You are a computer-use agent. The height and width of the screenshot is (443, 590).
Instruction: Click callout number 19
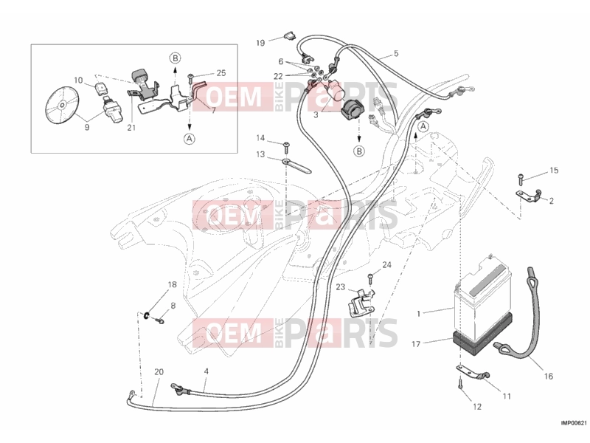coord(260,43)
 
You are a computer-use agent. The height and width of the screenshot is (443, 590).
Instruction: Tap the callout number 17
coord(416,344)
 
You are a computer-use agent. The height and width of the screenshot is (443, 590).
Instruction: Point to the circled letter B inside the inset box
coord(175,58)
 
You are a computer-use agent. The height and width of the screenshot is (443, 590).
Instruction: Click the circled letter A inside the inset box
coord(190,139)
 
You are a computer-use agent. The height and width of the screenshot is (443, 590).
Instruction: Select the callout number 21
coord(131,128)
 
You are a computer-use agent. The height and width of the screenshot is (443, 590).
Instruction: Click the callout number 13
coord(260,154)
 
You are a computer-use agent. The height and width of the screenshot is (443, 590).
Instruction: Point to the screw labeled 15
coord(521,179)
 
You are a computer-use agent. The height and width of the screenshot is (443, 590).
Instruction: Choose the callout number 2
coord(551,201)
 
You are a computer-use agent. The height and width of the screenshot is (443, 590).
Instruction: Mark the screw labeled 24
coord(370,279)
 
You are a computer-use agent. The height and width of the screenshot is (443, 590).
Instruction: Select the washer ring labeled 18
coord(145,315)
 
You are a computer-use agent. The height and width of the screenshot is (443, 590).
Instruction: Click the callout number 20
coord(159,372)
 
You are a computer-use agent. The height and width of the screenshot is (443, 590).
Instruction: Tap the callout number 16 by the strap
coord(548,376)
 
